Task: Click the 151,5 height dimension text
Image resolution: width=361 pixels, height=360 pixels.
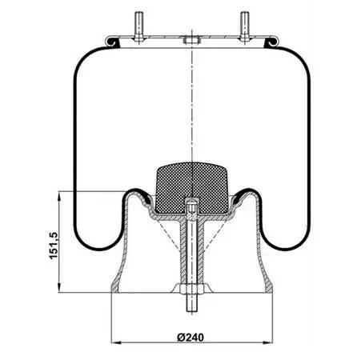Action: pos(54,246)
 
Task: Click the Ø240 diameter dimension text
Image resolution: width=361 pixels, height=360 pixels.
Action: pos(191,338)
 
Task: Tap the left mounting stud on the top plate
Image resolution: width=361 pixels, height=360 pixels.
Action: pos(138,26)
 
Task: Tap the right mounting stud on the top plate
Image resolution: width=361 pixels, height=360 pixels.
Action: pos(245,26)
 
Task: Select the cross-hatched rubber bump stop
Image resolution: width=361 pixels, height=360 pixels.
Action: pos(191,187)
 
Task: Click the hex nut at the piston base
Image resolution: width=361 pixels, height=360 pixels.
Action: pos(191,289)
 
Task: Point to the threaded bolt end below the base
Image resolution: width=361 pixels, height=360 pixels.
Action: pos(191,302)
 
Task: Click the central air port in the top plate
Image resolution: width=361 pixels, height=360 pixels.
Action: pos(191,40)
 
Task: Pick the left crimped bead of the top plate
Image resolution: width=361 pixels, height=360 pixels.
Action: pos(111,42)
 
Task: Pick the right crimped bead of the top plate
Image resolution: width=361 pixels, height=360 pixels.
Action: pos(272,42)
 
